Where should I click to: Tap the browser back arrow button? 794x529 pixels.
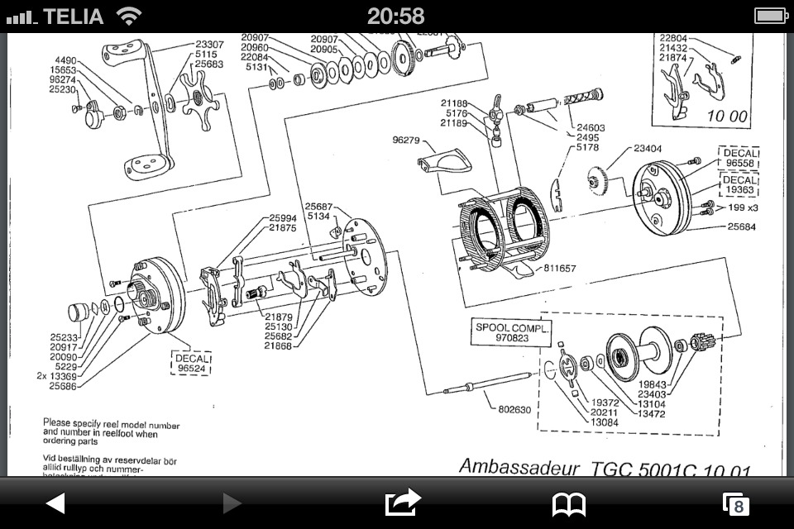(55, 503)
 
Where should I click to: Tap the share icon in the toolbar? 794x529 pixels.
(403, 503)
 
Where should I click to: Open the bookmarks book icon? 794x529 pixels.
(569, 503)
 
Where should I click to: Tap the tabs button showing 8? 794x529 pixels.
(735, 504)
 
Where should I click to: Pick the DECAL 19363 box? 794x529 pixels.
(740, 185)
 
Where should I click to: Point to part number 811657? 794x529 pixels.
(560, 269)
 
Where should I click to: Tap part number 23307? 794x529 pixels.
(209, 45)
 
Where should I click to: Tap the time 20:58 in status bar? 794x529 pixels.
(396, 16)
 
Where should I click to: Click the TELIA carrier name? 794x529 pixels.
(73, 16)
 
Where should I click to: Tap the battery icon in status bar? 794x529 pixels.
(771, 16)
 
